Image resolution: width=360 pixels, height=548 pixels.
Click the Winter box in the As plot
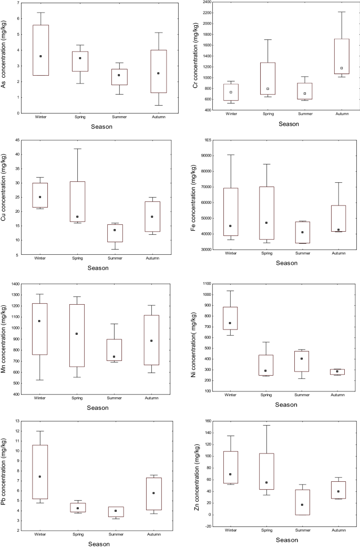pyautogui.click(x=40, y=50)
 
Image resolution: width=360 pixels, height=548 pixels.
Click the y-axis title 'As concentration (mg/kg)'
pyautogui.click(x=5, y=57)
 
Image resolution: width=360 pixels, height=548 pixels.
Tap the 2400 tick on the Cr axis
pyautogui.click(x=204, y=2)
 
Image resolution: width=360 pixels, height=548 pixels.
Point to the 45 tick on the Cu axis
pyautogui.click(x=17, y=140)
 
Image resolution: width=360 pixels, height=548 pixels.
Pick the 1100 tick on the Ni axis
pyautogui.click(x=204, y=284)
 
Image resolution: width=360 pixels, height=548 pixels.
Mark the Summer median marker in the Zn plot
pyautogui.click(x=302, y=505)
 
